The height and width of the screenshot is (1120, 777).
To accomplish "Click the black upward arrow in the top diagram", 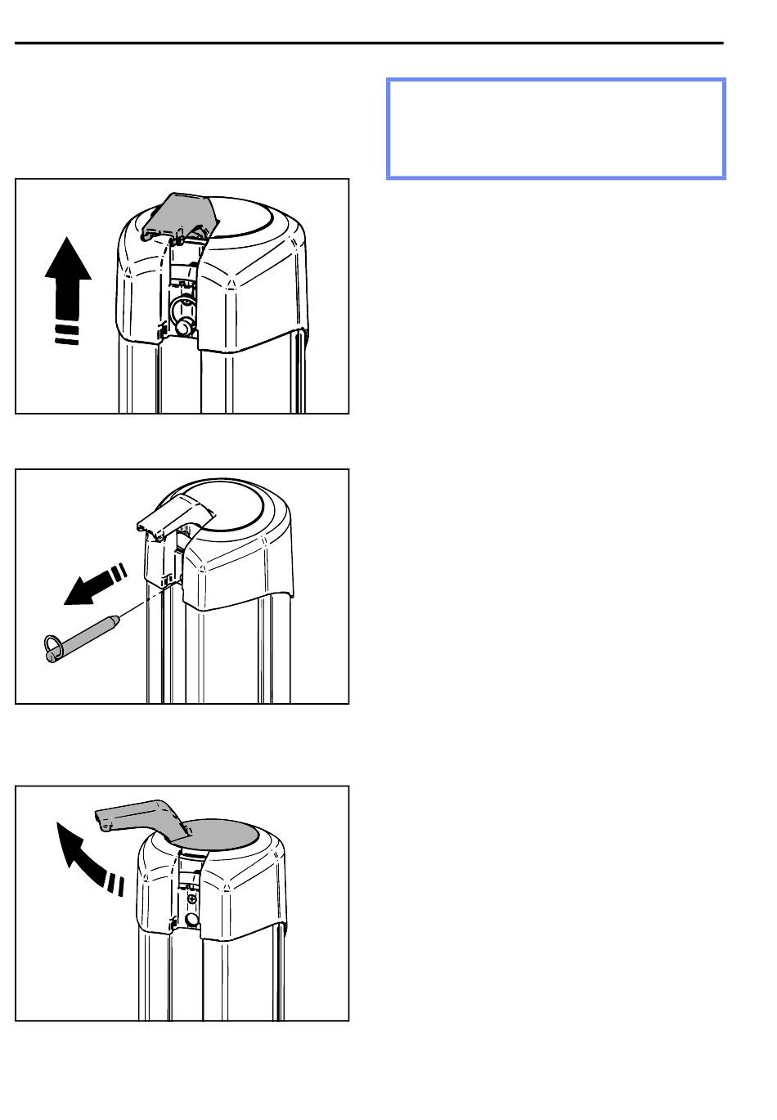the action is (x=68, y=274).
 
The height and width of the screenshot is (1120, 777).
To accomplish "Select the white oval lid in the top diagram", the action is (x=250, y=217).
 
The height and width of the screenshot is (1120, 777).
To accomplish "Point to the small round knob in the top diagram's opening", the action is (x=182, y=326).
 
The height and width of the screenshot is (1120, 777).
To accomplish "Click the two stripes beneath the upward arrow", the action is (x=67, y=335).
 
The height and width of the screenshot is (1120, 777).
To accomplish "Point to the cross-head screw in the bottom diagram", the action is (x=191, y=898).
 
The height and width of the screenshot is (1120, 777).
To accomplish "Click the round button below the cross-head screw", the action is (x=192, y=920).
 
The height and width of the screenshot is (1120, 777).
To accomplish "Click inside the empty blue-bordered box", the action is (x=555, y=128).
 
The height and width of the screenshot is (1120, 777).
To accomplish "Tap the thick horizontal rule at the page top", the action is (x=369, y=43).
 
